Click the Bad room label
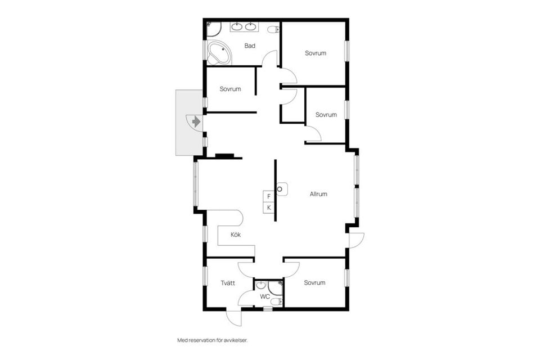250,46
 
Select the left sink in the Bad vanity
237,26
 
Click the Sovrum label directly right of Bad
316,53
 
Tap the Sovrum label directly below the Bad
230,89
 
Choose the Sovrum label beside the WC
314,282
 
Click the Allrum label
318,194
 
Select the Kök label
236,235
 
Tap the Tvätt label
227,283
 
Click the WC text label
264,296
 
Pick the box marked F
269,196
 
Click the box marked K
269,208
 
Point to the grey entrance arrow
195,120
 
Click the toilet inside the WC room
274,303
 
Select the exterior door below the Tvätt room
234,317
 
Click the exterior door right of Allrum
356,240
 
